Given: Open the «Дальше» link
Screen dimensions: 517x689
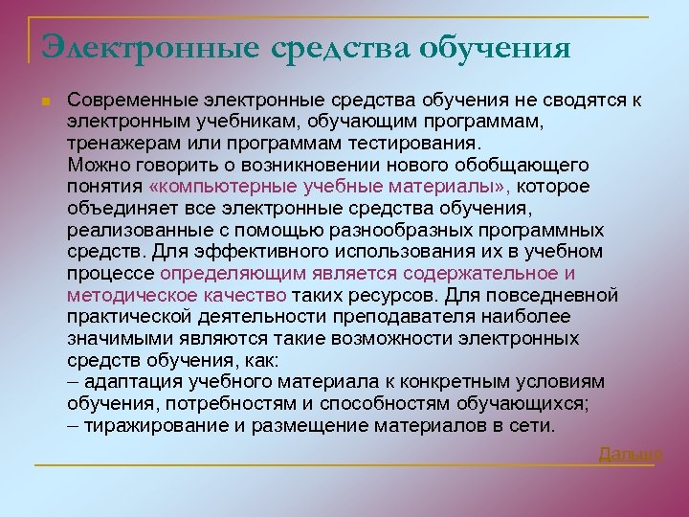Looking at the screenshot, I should [x=631, y=453].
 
